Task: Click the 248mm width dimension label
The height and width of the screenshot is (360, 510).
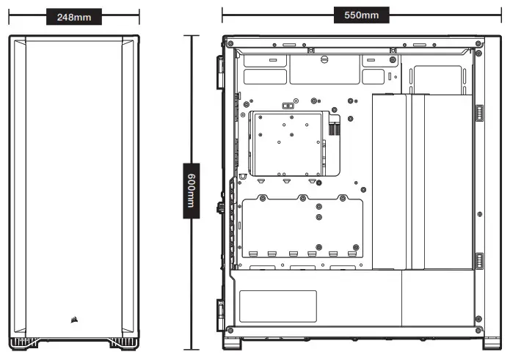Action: [x=73, y=17]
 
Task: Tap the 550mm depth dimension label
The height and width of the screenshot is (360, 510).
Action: [x=361, y=15]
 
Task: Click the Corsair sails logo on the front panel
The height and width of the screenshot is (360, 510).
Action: [x=74, y=318]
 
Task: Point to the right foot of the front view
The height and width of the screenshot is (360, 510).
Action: [x=120, y=342]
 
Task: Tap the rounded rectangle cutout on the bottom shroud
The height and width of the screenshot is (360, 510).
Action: [x=278, y=306]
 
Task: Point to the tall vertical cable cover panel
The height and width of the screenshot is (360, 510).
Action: [x=421, y=181]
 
